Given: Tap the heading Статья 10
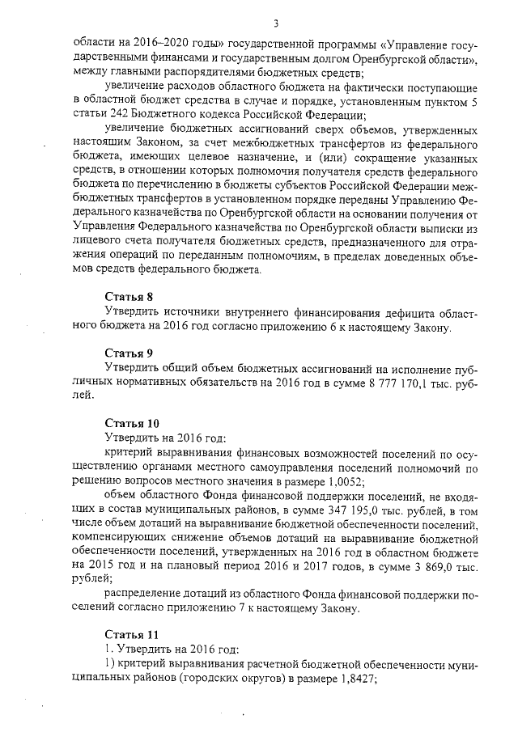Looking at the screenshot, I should click(133, 423).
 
